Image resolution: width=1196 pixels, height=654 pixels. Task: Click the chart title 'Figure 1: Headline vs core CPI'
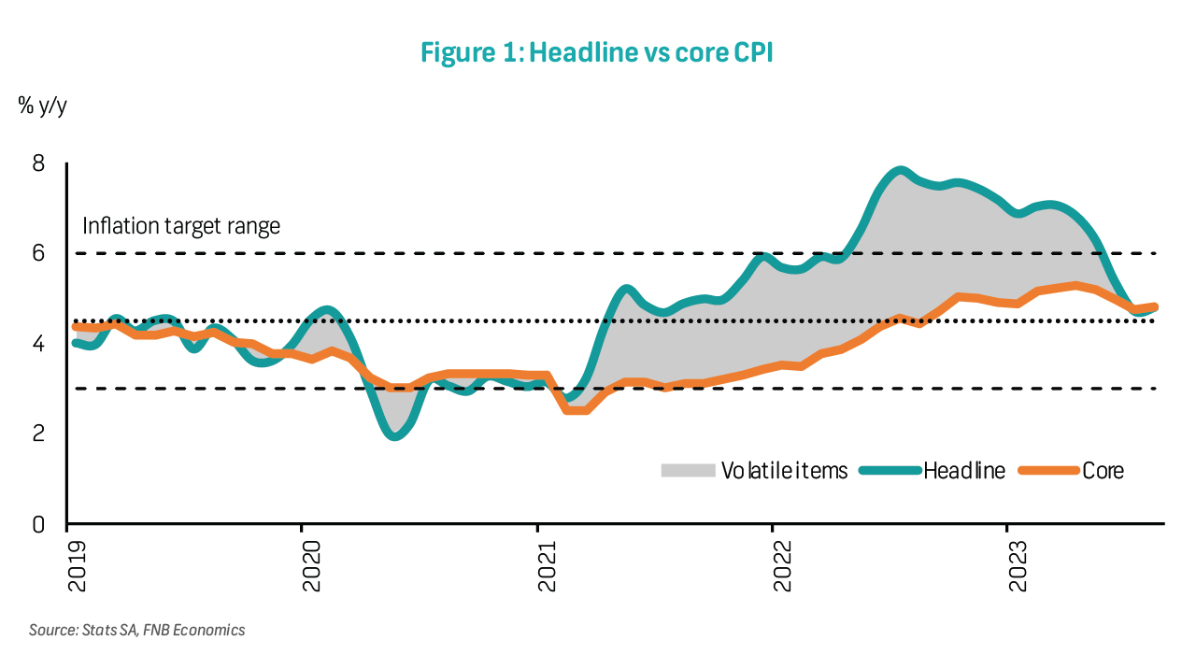point(597,53)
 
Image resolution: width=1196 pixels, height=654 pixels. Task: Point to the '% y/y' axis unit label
point(42,105)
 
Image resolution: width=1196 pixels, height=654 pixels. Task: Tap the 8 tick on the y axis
point(38,163)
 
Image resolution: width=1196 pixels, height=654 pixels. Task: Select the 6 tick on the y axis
point(38,254)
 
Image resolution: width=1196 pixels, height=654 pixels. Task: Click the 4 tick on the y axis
point(38,345)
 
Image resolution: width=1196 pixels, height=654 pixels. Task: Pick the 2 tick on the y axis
point(38,434)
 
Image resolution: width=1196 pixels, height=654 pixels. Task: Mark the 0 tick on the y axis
point(38,524)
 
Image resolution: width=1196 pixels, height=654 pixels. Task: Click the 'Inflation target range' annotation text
point(181,226)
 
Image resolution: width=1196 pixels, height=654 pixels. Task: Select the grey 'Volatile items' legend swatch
point(687,470)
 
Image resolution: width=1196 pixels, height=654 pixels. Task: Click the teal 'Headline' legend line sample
point(888,470)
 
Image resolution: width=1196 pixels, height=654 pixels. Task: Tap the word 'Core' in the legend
point(1103,470)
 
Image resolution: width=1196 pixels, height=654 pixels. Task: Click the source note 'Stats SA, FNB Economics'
point(136,630)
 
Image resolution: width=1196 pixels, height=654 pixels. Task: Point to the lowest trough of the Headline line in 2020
point(396,435)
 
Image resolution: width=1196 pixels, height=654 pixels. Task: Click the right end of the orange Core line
point(1155,306)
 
